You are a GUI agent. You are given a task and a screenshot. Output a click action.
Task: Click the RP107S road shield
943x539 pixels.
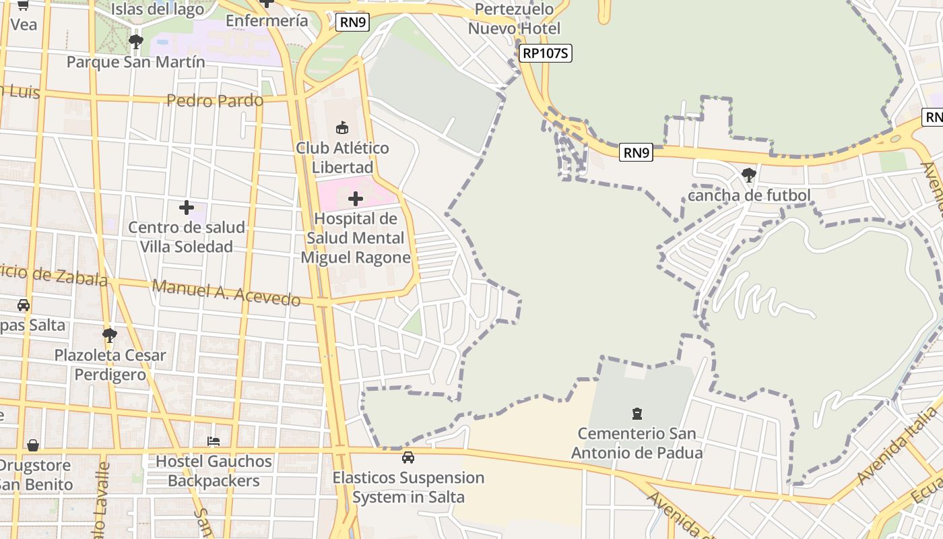coord(546,53)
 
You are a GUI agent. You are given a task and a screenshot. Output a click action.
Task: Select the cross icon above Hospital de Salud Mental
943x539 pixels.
coord(356,199)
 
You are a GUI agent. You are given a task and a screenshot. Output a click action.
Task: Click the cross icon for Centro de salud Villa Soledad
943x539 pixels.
coord(187,208)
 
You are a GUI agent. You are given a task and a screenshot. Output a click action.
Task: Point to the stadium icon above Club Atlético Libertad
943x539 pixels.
coord(342,127)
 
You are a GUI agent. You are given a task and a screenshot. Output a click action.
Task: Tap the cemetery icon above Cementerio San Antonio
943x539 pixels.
coord(637,413)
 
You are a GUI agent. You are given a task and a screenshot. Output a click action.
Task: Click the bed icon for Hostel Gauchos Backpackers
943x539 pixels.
coord(214,441)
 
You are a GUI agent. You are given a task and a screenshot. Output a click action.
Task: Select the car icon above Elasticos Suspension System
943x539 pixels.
coord(408,457)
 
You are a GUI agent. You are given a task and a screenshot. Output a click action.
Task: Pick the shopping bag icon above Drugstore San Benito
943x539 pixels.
coord(32,445)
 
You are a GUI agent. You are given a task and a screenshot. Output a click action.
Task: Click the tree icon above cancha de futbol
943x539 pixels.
coord(748,175)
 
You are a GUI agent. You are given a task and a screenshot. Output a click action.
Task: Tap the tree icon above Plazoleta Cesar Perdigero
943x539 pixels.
coord(109,335)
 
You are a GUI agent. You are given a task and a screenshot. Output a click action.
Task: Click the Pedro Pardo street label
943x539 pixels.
coord(215,101)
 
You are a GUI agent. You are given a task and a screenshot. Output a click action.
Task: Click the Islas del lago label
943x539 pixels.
coord(158,9)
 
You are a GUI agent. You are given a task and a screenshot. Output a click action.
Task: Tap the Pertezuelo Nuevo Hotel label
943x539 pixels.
coord(514,19)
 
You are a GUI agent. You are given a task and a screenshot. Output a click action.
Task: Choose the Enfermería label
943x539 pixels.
coord(267,21)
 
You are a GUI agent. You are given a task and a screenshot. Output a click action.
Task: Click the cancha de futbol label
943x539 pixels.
coord(749,195)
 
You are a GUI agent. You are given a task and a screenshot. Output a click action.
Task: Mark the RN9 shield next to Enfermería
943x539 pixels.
coord(353,22)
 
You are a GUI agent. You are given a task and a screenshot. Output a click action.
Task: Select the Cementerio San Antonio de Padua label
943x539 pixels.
coord(637,443)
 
